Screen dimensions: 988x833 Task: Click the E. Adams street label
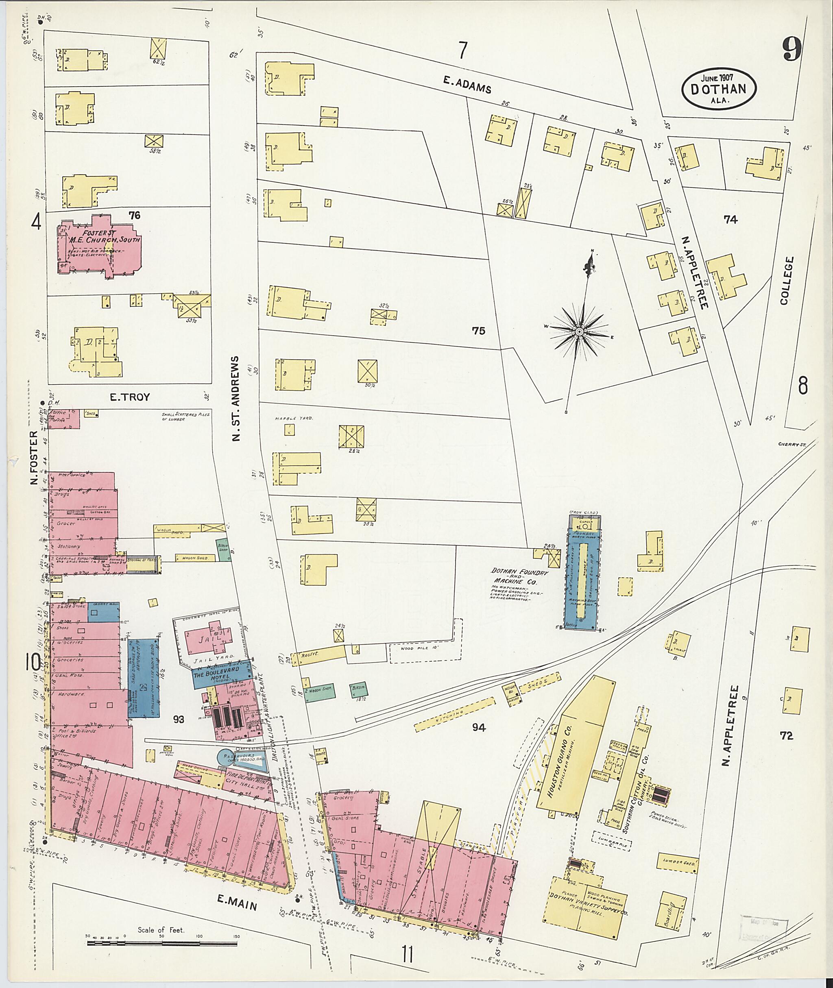coord(467,85)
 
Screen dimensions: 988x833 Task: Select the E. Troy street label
coord(129,397)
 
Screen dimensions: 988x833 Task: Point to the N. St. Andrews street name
coord(236,399)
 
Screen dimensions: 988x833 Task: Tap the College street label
coord(787,281)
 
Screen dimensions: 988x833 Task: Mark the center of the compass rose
coord(578,332)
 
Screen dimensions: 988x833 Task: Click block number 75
coord(478,331)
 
